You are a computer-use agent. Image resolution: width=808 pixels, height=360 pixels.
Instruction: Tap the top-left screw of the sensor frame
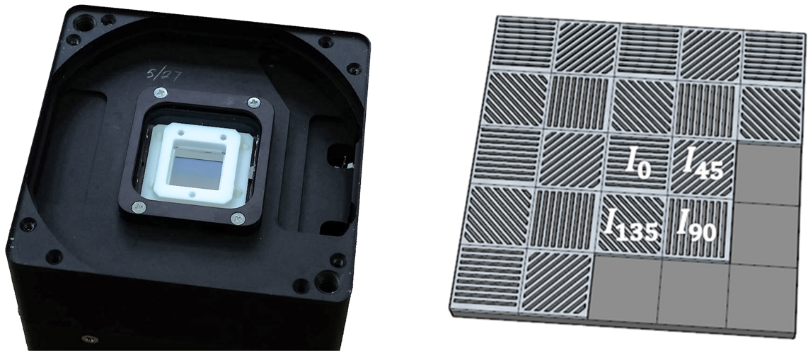(161, 93)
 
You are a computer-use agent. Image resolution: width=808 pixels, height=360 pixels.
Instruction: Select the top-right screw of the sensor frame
(254, 103)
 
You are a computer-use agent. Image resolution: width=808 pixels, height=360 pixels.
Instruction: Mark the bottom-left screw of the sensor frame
(139, 207)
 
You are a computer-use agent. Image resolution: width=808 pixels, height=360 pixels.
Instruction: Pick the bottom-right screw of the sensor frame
(237, 219)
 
